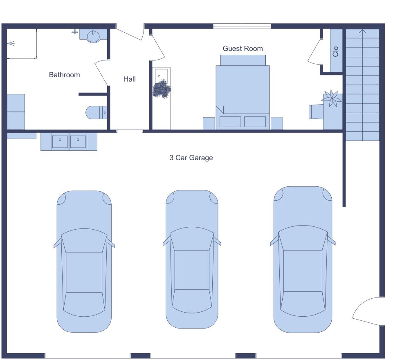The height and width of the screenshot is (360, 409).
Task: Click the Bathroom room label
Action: (64, 75)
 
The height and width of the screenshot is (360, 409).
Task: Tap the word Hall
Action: (130, 79)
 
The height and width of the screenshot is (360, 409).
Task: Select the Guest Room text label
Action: (243, 49)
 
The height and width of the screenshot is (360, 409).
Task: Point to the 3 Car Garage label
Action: (191, 158)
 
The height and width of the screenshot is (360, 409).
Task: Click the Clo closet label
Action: (336, 51)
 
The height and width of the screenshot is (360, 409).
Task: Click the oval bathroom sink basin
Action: (94, 36)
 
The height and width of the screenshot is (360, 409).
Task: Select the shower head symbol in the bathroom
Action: (11, 43)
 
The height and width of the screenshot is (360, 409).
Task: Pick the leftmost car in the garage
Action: (84, 262)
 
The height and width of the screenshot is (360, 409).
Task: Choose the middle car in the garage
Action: (192, 259)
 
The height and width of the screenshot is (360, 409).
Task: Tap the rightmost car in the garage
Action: (303, 259)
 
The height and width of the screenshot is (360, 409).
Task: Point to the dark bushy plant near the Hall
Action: (162, 89)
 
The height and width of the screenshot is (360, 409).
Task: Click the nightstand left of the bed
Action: (209, 123)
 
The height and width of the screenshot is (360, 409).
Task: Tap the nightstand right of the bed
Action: (277, 123)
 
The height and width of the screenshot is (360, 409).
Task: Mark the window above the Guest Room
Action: (242, 26)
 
